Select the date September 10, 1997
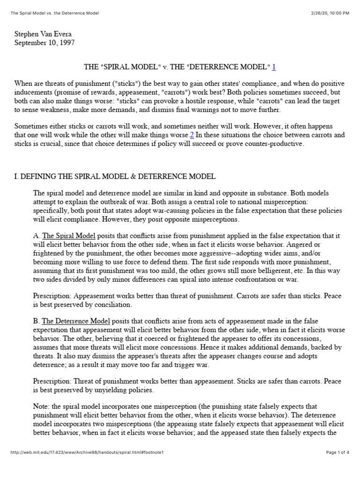[x=45, y=43]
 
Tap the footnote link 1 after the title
[x=274, y=67]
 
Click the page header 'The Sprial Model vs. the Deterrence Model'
[x=55, y=13]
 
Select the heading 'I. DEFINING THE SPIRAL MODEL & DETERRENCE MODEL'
[x=115, y=177]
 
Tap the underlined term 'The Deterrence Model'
[x=76, y=321]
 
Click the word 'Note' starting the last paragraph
[x=41, y=407]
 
